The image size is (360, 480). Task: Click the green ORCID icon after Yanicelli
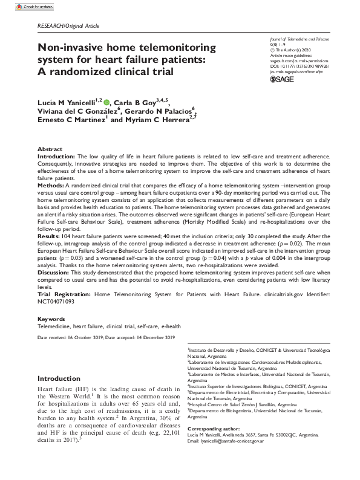pos(107,103)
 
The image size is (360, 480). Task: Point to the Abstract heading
pos(50,149)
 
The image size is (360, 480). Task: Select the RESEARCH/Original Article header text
pos(68,26)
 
